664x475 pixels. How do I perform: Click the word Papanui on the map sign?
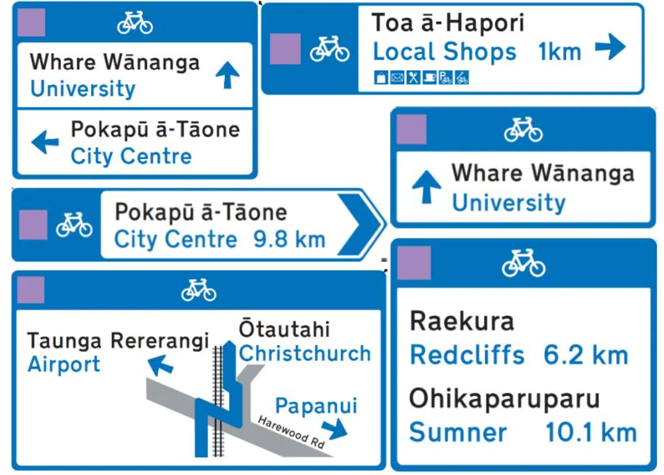click(316, 406)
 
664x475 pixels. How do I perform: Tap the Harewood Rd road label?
click(291, 432)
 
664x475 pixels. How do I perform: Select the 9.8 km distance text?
click(290, 240)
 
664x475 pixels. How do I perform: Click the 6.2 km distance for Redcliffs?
click(586, 355)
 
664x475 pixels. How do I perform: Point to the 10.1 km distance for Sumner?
click(591, 433)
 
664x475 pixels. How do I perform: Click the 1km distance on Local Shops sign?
click(560, 52)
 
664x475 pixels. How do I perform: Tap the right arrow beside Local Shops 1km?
click(610, 47)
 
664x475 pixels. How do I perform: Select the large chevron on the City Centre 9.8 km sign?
click(360, 225)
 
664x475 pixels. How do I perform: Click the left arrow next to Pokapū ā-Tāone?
click(45, 142)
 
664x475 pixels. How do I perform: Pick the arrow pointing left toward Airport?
click(161, 364)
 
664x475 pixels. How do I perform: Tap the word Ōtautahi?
click(284, 329)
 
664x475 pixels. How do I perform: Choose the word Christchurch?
click(305, 354)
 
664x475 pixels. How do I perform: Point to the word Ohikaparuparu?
click(504, 399)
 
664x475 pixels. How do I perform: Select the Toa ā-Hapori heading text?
click(448, 24)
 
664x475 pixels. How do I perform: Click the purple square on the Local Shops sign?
click(285, 49)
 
